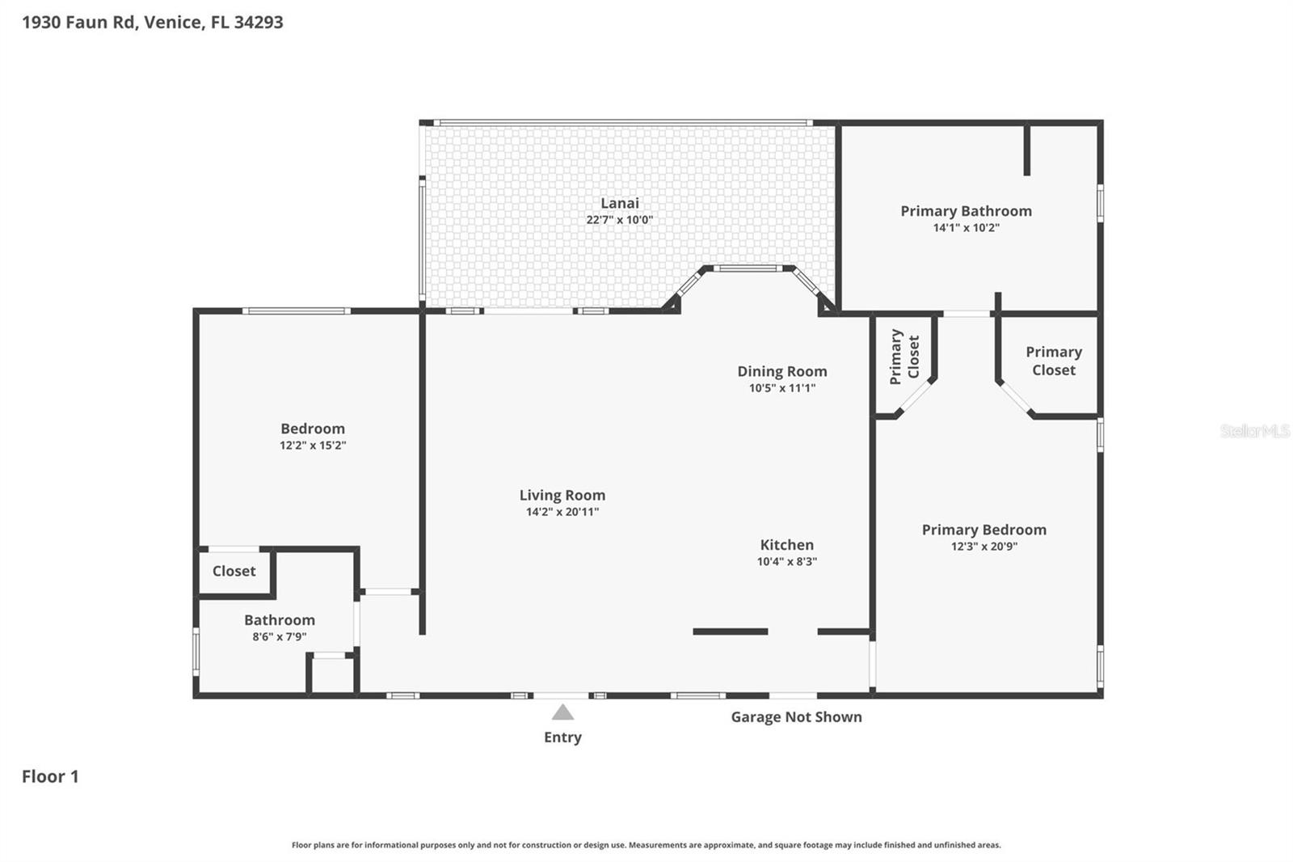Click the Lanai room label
tap(619, 203)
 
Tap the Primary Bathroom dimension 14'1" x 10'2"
tap(966, 228)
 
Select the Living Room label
tap(562, 495)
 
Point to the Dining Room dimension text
tap(781, 388)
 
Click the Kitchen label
tap(786, 545)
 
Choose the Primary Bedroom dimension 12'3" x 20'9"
tap(983, 547)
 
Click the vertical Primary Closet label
tap(904, 357)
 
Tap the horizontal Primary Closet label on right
tap(1053, 361)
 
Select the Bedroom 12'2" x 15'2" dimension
tap(313, 446)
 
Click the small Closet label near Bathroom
tap(234, 571)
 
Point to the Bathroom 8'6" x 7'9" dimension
tap(279, 637)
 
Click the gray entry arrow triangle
tap(562, 712)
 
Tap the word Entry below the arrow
tap(562, 737)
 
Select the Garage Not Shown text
tap(796, 716)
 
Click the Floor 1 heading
tap(50, 776)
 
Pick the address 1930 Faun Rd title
tap(152, 22)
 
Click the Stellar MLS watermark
tap(1254, 431)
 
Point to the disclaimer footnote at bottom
tap(646, 845)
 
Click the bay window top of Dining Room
tap(747, 268)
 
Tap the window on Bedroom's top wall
tap(296, 311)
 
